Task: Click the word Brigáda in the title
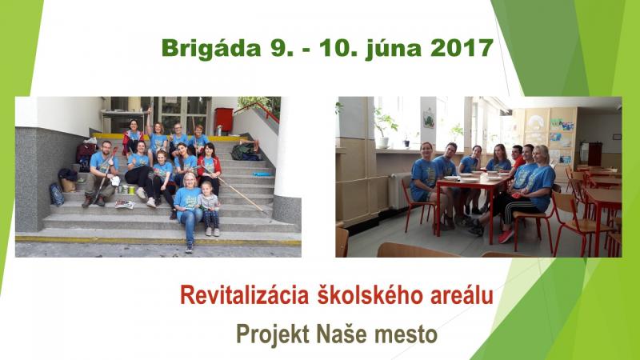(211, 49)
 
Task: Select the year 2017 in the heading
(462, 48)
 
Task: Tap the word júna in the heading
(393, 50)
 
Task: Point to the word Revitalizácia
(244, 294)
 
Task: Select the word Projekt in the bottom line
(273, 334)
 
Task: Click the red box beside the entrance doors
(224, 119)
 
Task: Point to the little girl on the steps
(210, 209)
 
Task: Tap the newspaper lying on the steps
(125, 204)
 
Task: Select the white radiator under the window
(398, 191)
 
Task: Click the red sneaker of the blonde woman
(506, 236)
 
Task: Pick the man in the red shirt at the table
(518, 157)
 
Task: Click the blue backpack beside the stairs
(56, 194)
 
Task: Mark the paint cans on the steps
(127, 190)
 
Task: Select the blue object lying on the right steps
(262, 174)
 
